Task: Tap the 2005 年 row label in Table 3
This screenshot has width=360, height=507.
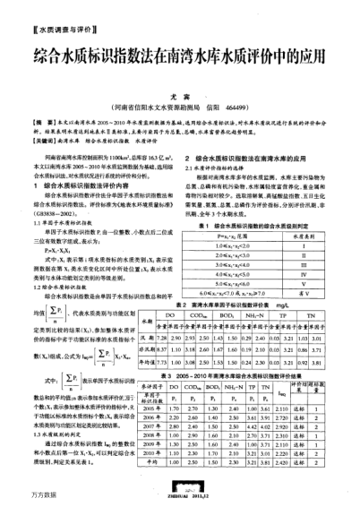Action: [201, 430]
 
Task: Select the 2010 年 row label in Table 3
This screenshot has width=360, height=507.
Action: [201, 468]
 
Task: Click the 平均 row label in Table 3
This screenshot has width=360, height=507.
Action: [201, 478]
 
